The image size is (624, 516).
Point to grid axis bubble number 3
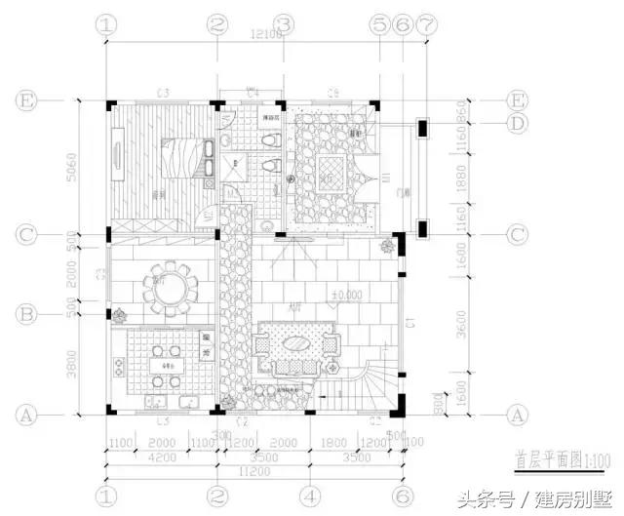284,24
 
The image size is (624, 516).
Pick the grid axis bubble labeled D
518,123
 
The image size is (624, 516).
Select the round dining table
170,288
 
